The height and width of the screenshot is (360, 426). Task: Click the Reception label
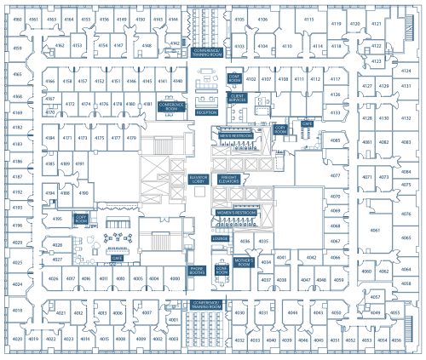tap(206, 111)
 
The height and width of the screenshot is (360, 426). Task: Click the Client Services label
tap(238, 98)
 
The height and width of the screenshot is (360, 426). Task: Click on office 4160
tap(17, 19)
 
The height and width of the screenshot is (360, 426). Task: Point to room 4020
tap(17, 339)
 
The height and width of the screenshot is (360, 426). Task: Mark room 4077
tap(335, 176)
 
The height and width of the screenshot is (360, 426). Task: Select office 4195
tap(58, 219)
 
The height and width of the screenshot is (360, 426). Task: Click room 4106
tap(262, 19)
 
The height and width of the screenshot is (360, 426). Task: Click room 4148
tap(147, 46)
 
